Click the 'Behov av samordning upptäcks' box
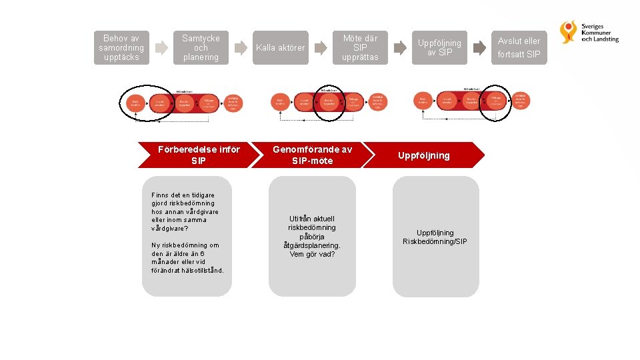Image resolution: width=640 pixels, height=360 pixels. (121, 48)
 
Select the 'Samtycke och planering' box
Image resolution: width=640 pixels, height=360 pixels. (201, 48)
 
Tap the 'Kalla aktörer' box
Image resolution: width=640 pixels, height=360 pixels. (281, 48)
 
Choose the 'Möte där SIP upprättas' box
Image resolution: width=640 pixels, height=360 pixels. (360, 48)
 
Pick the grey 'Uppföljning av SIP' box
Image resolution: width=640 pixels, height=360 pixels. (440, 48)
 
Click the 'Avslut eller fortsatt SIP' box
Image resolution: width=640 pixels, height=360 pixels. (519, 48)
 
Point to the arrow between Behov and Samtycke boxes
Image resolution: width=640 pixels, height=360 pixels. (161, 48)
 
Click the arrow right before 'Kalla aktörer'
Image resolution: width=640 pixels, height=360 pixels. (241, 48)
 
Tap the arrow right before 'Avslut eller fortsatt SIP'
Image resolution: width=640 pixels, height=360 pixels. (479, 48)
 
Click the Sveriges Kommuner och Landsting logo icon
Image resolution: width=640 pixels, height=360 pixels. (569, 32)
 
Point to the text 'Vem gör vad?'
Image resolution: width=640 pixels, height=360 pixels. (312, 254)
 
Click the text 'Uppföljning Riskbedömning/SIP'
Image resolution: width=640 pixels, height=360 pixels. (435, 237)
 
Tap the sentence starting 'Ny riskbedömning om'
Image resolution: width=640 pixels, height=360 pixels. (188, 257)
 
